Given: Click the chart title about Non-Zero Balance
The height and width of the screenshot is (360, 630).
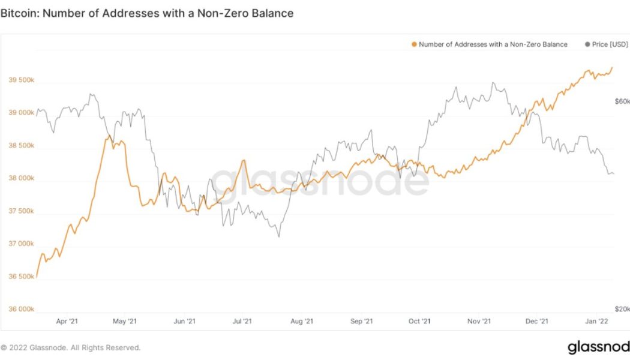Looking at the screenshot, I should click(147, 13).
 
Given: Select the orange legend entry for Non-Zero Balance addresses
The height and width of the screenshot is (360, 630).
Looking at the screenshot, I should click(489, 44).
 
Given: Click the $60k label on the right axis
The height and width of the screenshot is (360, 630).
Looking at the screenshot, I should click(622, 102).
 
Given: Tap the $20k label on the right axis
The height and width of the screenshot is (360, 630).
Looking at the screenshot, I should click(622, 309).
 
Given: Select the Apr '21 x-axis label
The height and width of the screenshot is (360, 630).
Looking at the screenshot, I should click(67, 322).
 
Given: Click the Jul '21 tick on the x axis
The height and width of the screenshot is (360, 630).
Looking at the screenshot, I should click(241, 322).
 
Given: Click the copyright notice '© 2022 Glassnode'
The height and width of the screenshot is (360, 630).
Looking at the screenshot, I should click(71, 347).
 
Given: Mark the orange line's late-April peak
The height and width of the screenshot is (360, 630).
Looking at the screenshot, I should click(108, 136).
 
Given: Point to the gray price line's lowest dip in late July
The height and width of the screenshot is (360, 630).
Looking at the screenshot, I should click(279, 236).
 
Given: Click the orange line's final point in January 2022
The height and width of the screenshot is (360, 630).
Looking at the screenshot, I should click(612, 68).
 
